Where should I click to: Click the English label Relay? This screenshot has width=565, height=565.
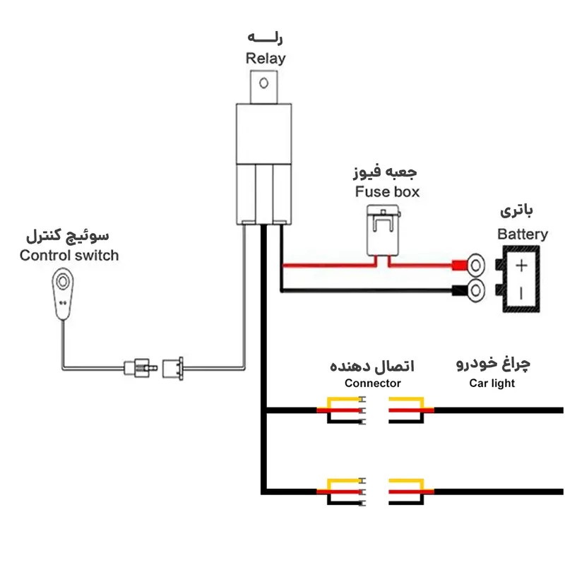pos(266,58)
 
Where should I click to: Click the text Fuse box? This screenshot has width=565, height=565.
pos(387,191)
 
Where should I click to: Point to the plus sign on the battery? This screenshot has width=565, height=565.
pos(521,266)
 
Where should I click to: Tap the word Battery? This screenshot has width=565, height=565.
pos(523,234)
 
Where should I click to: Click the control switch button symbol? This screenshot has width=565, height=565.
pos(64,282)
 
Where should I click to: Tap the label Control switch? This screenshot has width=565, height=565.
pos(69,255)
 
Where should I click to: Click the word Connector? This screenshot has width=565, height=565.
pos(372,383)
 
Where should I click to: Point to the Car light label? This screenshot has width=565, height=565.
pos(492,383)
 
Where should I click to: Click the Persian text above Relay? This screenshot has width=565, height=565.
pos(266,37)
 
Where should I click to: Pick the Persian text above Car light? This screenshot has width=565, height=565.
pos(493,364)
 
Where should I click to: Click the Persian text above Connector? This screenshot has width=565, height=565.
pos(372,365)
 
